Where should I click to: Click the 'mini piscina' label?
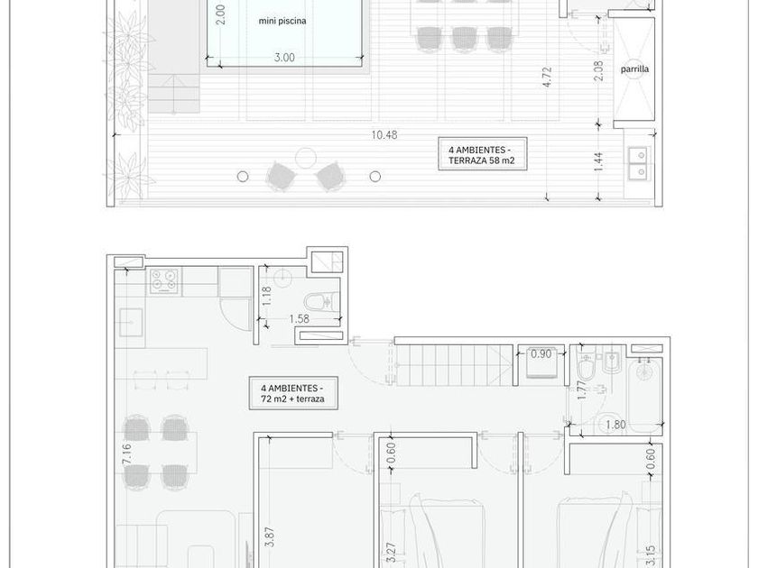click(x=282, y=21)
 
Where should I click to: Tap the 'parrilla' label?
click(x=634, y=69)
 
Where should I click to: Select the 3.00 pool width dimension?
click(x=284, y=58)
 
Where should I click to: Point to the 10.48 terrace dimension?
click(x=384, y=135)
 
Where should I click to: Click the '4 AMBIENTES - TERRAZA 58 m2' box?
click(x=482, y=154)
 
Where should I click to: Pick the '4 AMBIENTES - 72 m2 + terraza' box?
click(x=293, y=393)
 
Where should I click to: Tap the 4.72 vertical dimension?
click(x=547, y=77)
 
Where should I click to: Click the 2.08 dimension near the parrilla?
click(x=598, y=70)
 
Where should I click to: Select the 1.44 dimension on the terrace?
click(x=598, y=162)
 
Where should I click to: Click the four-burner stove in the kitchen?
click(x=164, y=280)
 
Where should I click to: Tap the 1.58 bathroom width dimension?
click(x=300, y=319)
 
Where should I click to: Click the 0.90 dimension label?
click(x=541, y=354)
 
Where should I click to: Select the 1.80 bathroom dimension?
click(x=615, y=425)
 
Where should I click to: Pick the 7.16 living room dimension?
click(x=126, y=454)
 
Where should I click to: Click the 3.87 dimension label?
click(x=270, y=536)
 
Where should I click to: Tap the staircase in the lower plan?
click(x=454, y=365)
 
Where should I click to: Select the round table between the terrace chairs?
click(x=306, y=158)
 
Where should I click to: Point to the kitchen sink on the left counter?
click(x=131, y=322)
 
